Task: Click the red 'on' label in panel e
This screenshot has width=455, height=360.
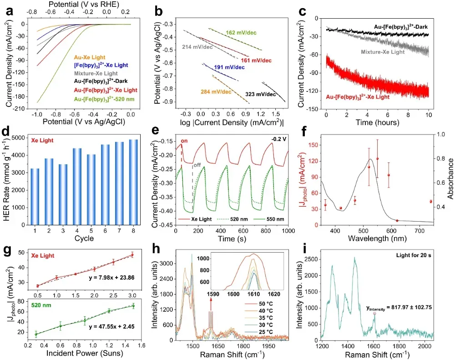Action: coord(184,142)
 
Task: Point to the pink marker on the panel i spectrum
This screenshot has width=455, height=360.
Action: coord(374,314)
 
